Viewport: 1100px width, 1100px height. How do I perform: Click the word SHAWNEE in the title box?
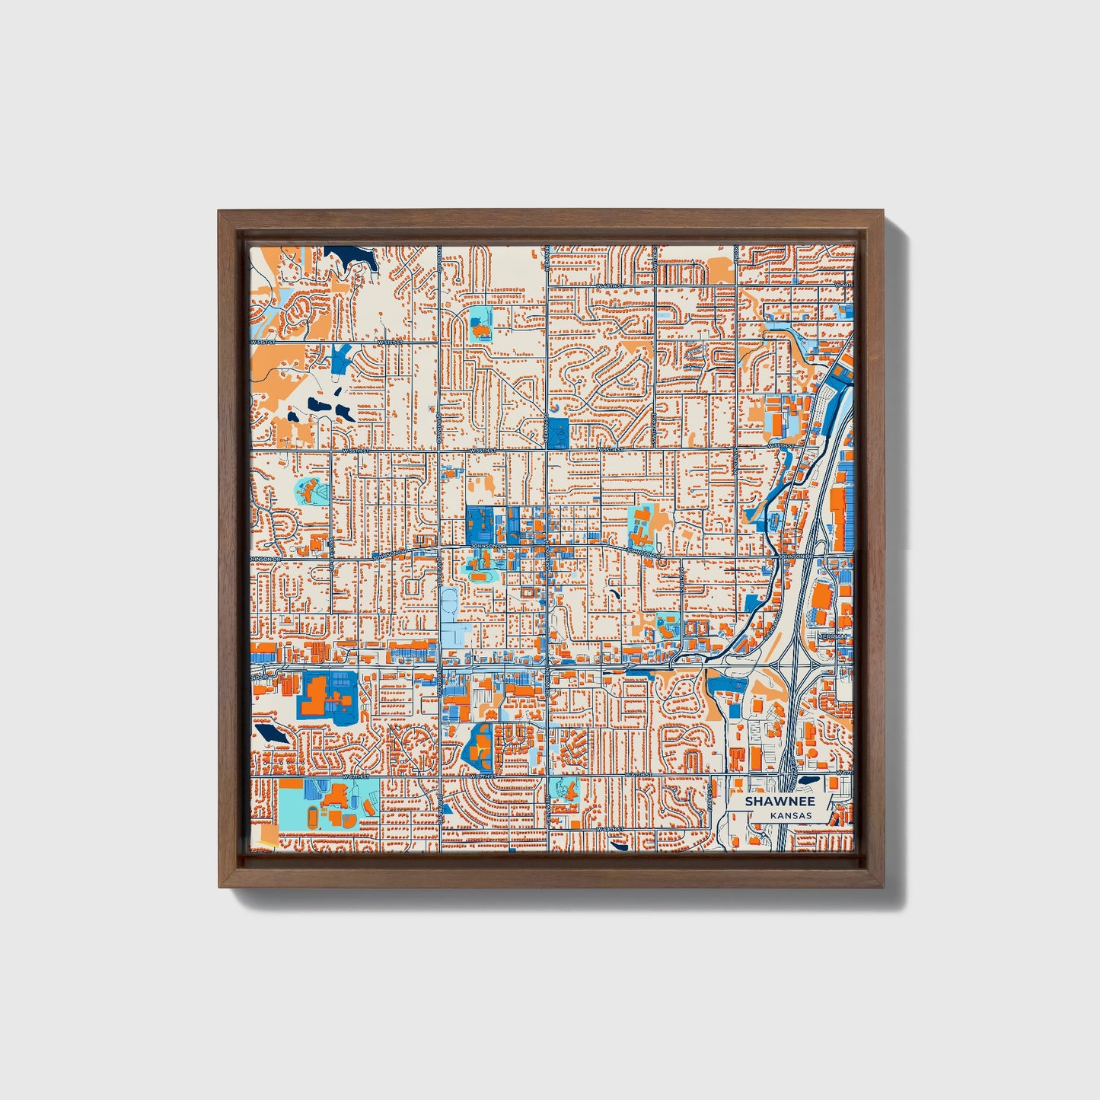click(x=780, y=802)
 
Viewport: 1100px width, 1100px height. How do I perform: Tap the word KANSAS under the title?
click(x=790, y=815)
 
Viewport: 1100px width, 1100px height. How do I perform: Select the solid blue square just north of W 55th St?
click(x=558, y=432)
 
